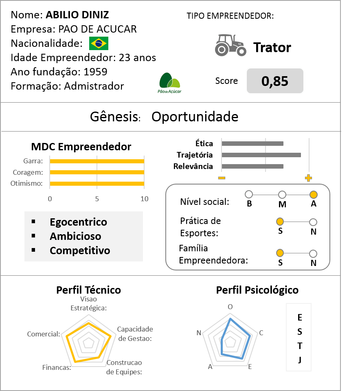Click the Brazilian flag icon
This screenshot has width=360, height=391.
click(99, 43)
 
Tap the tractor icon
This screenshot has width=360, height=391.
click(230, 45)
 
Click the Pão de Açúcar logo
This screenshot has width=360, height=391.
click(169, 83)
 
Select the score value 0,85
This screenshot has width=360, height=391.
click(275, 81)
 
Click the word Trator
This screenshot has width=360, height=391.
click(272, 48)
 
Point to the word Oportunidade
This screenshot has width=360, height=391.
click(195, 117)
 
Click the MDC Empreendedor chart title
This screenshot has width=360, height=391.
click(81, 147)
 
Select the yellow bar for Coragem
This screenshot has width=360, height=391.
click(97, 172)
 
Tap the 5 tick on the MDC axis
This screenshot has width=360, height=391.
click(97, 199)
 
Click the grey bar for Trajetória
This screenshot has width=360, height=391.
click(261, 155)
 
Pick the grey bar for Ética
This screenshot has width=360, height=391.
click(252, 143)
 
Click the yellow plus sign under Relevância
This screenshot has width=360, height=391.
click(308, 178)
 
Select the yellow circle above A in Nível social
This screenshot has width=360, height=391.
click(313, 195)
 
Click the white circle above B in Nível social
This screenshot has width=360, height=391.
click(249, 195)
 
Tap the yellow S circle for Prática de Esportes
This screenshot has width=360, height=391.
click(280, 222)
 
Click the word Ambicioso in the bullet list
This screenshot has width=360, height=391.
click(75, 236)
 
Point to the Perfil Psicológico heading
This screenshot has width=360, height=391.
click(257, 290)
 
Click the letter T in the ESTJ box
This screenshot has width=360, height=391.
click(300, 346)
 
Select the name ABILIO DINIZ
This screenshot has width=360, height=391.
click(77, 15)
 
